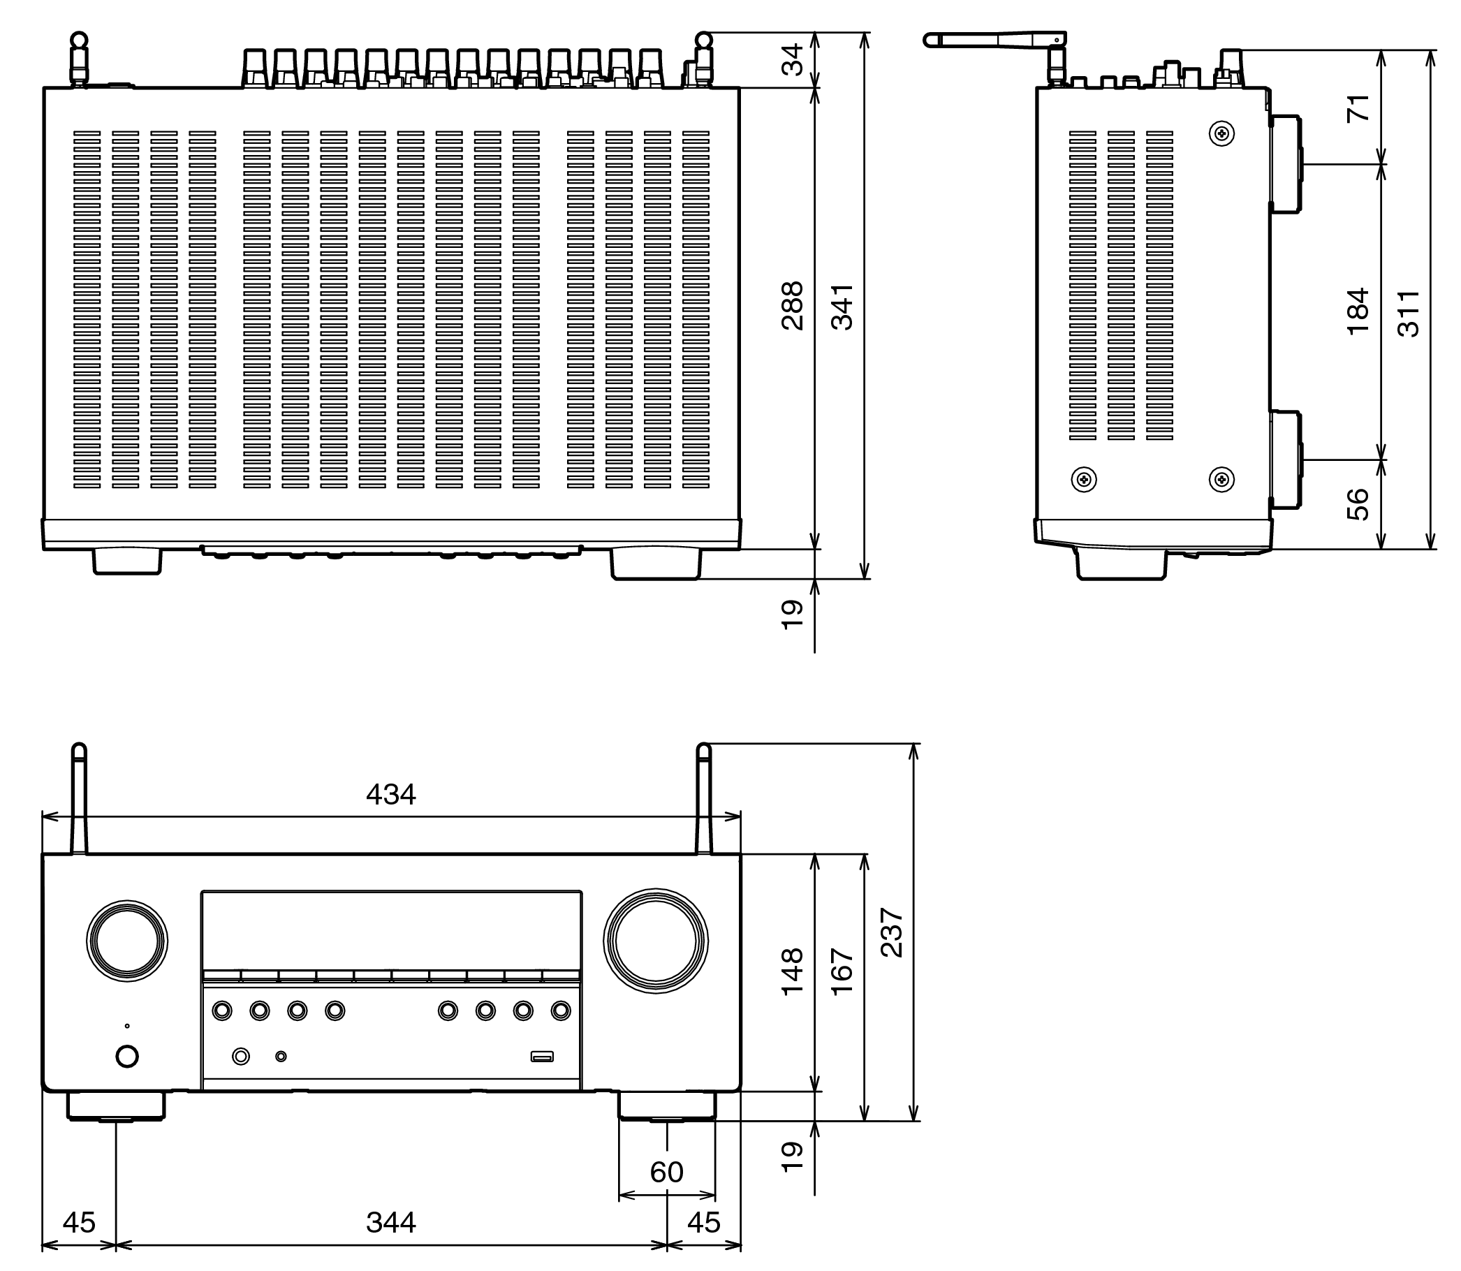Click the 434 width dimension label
[x=391, y=795]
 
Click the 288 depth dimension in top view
[x=792, y=306]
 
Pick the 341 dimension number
[x=842, y=306]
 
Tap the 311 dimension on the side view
[x=1409, y=313]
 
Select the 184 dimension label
[x=1358, y=311]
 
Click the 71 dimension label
[x=1358, y=108]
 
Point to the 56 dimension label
[x=1358, y=504]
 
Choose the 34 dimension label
[x=792, y=59]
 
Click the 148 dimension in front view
[x=792, y=971]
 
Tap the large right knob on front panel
[x=655, y=941]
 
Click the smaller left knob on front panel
[x=127, y=941]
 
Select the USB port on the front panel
[x=542, y=1057]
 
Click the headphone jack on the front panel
[x=241, y=1057]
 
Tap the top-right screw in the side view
[x=1221, y=133]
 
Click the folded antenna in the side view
[x=993, y=40]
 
